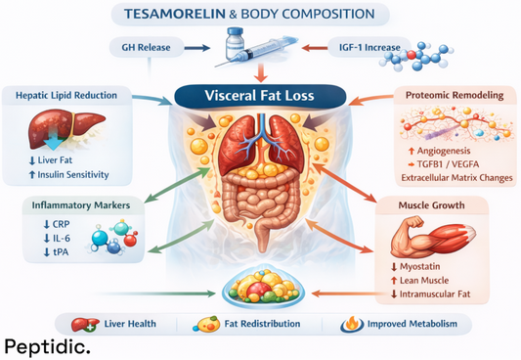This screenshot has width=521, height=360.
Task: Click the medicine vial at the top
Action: tap(236, 44)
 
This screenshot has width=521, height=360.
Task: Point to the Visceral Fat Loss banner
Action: tap(259, 97)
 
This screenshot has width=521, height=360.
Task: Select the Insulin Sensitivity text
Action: tap(74, 175)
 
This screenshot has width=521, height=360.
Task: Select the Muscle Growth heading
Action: tap(437, 206)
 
